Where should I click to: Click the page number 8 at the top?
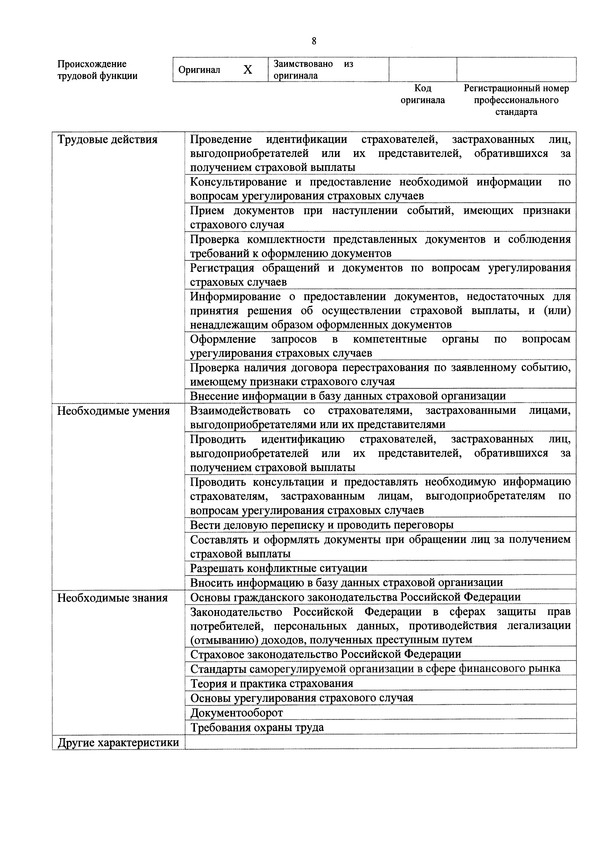(x=314, y=41)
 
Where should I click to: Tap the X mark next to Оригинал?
(x=248, y=69)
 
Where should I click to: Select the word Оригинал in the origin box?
(x=199, y=70)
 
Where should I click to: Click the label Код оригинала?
(x=423, y=94)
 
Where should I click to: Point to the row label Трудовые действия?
(x=107, y=140)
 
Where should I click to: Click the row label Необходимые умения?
(x=113, y=411)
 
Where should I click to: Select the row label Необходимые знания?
(x=112, y=598)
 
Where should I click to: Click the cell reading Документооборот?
(x=236, y=713)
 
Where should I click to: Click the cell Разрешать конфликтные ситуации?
(x=279, y=568)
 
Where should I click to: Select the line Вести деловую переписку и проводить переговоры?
(x=321, y=525)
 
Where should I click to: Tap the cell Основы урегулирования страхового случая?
(x=301, y=698)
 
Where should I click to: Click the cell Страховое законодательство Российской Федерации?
(x=326, y=654)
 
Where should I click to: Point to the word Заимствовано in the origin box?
(x=303, y=64)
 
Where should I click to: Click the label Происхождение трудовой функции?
(x=97, y=70)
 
